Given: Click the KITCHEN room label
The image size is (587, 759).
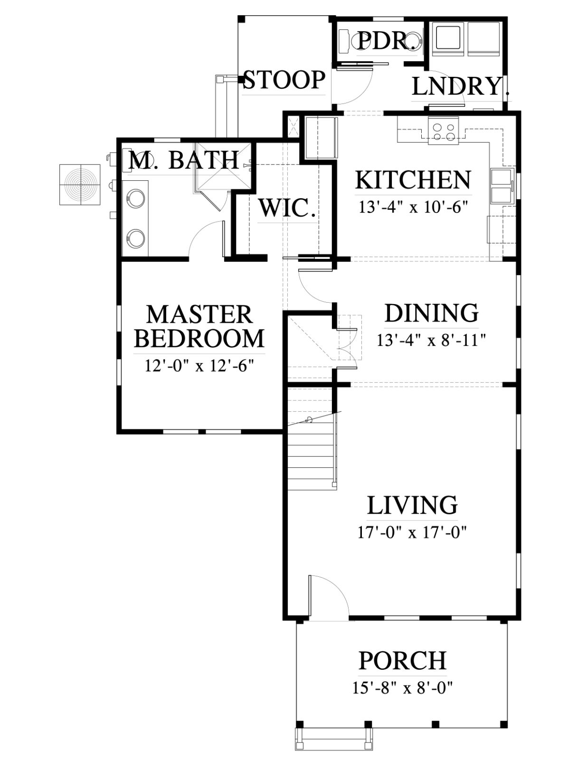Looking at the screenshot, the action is coord(413,180).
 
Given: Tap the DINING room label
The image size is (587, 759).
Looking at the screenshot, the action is coord(431,313).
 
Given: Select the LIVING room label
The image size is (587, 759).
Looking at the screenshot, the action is coord(412,505).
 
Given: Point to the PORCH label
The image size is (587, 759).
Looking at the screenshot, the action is coord(403,660).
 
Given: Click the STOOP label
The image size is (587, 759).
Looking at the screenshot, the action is coord(284,80).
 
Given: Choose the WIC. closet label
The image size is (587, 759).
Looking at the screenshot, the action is coord(287,208).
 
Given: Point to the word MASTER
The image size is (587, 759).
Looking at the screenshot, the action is coord(199,314).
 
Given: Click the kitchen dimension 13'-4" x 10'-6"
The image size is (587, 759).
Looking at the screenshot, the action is coord(413,207).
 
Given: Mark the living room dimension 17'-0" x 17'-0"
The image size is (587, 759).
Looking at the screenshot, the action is coord(412,533).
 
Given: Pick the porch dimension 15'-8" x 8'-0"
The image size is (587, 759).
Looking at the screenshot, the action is coord(403,688).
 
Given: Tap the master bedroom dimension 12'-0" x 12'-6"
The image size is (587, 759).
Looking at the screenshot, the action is coord(199,366).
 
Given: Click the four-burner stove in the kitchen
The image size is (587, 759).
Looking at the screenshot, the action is coord(443,130).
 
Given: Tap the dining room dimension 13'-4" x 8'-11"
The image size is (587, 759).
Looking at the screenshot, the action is coord(431,340).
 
